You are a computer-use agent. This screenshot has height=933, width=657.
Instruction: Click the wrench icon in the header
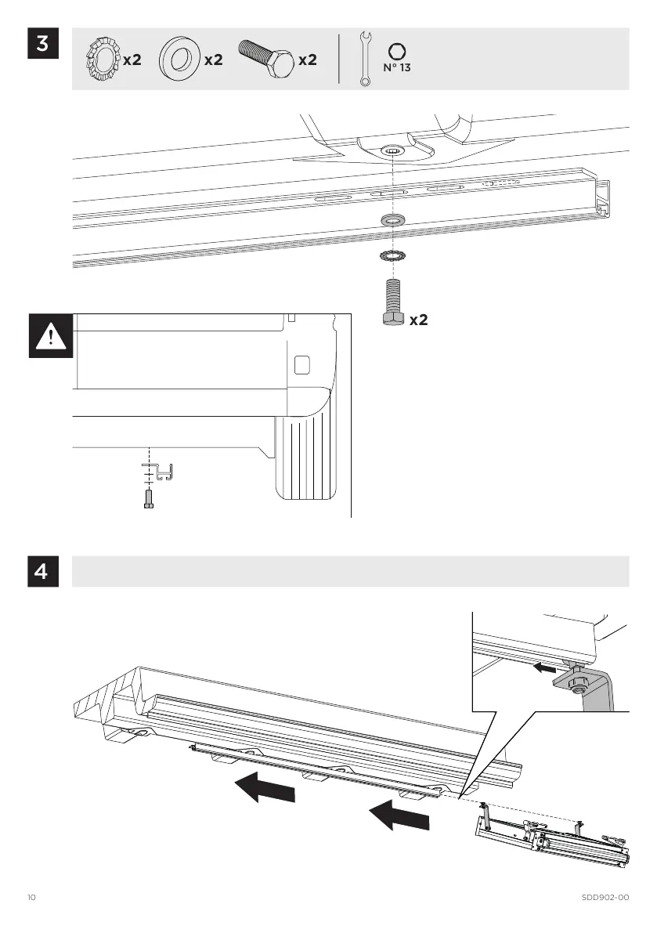click(365, 59)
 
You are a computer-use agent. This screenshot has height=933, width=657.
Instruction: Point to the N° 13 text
click(396, 68)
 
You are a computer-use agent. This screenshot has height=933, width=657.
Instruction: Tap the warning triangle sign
click(51, 336)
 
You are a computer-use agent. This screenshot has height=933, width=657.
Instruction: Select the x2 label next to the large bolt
click(419, 320)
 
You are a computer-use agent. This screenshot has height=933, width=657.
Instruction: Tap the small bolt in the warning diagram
click(149, 498)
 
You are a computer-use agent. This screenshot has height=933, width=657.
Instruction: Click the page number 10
click(31, 896)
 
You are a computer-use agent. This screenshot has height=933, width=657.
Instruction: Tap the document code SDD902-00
click(606, 896)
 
